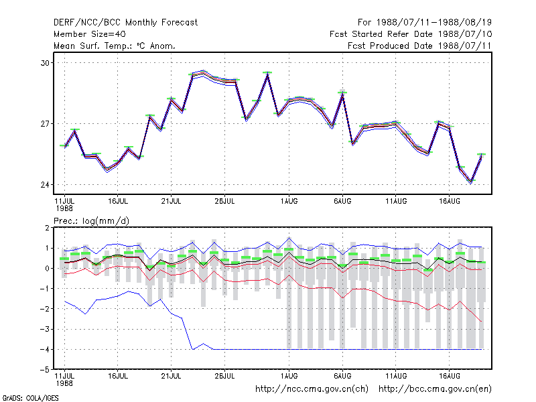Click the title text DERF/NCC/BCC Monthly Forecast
pyautogui.click(x=125, y=23)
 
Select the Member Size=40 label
pyautogui.click(x=90, y=34)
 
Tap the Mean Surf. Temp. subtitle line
pyautogui.click(x=115, y=46)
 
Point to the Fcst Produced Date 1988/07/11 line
pyautogui.click(x=419, y=46)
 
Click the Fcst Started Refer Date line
pyautogui.click(x=411, y=34)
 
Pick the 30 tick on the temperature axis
pyautogui.click(x=45, y=63)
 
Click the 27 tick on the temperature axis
pyautogui.click(x=45, y=124)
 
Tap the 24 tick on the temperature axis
pyautogui.click(x=45, y=185)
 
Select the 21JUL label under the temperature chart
pyautogui.click(x=171, y=201)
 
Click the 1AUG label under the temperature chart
pyautogui.click(x=289, y=201)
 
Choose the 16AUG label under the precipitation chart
pyautogui.click(x=449, y=376)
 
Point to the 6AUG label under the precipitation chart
pyautogui.click(x=342, y=376)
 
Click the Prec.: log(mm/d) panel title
pyautogui.click(x=91, y=221)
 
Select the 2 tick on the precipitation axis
pyautogui.click(x=47, y=228)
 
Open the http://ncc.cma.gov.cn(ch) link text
pyautogui.click(x=312, y=389)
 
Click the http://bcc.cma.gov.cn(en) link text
pyautogui.click(x=435, y=389)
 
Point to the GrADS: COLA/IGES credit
pyautogui.click(x=30, y=398)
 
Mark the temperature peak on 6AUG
pyautogui.click(x=342, y=93)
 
